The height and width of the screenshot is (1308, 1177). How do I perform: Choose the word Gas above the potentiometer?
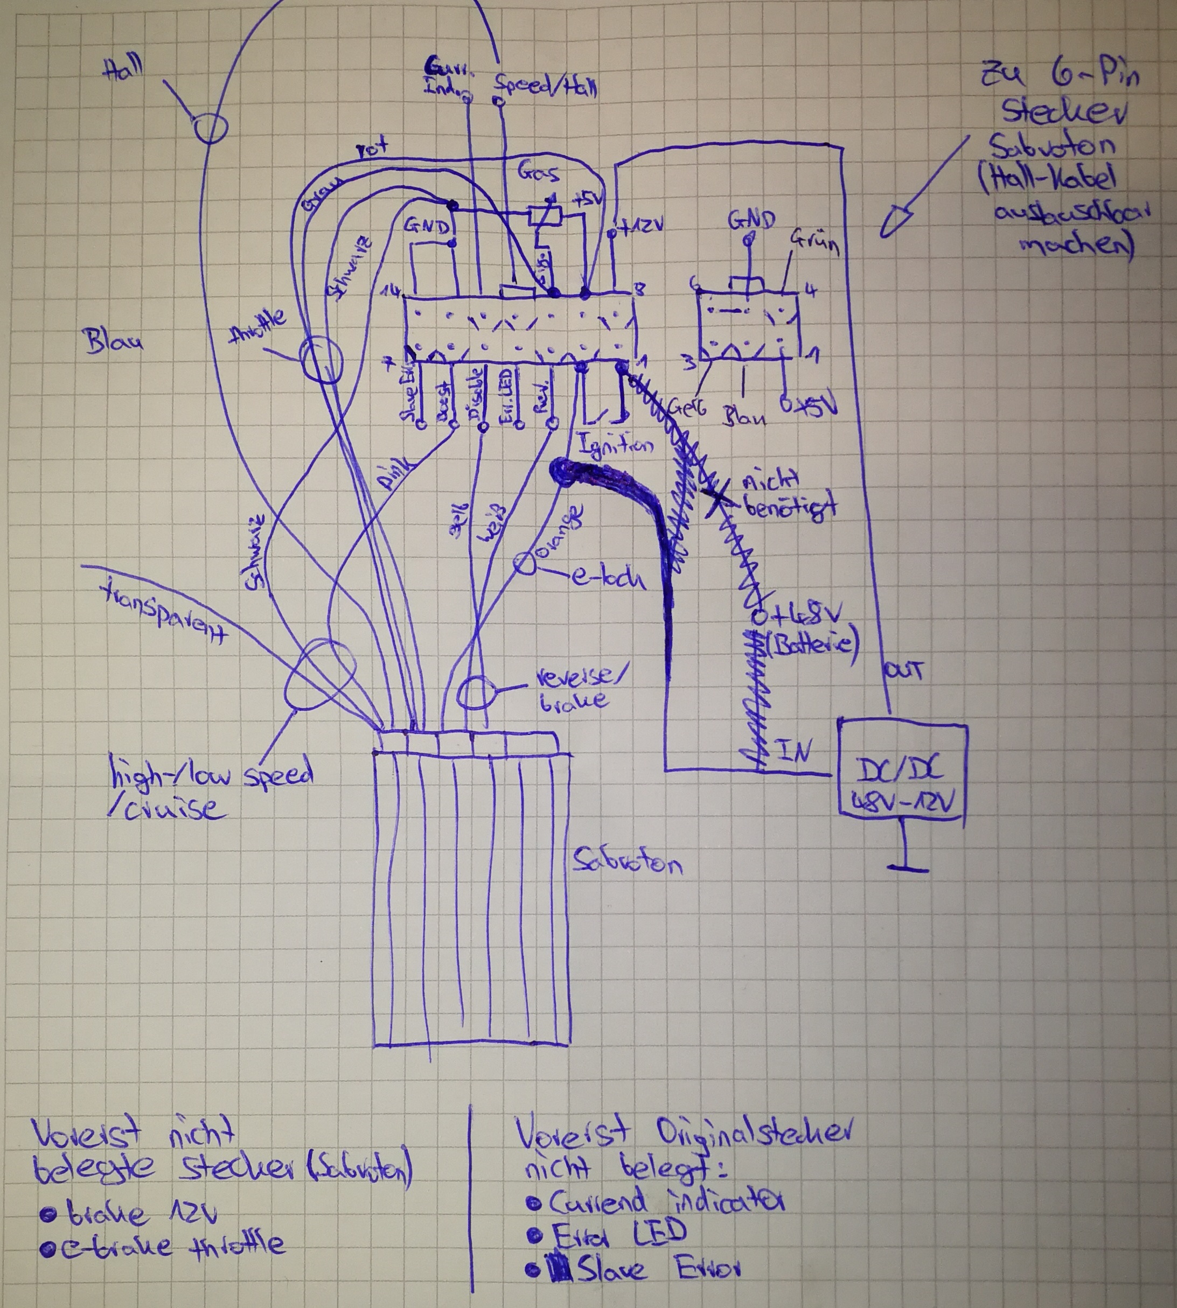(538, 173)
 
